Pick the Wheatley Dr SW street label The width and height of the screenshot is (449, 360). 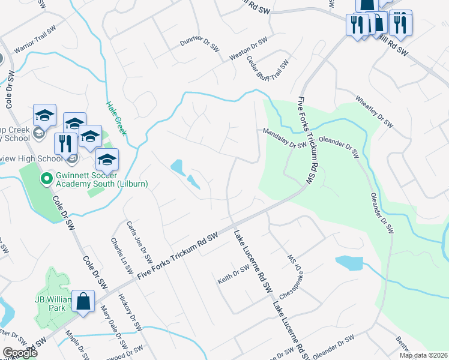373,111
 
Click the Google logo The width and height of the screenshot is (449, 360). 19,352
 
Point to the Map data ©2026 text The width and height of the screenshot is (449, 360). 423,355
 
